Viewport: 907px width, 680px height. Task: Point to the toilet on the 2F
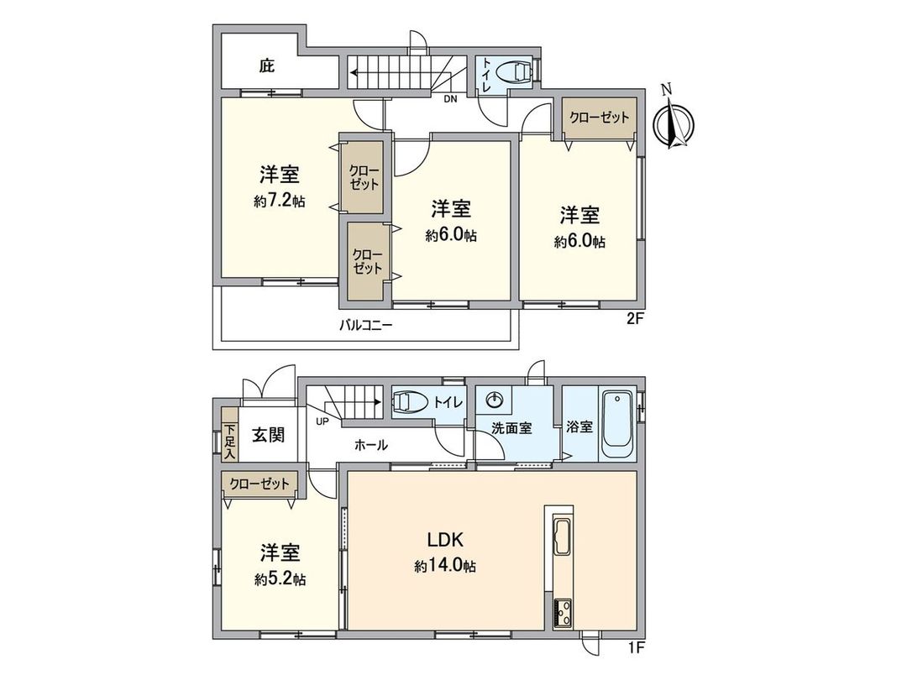[514, 71]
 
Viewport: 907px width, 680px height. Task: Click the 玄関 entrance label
[269, 434]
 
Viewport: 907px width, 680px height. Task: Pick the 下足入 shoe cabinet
[229, 434]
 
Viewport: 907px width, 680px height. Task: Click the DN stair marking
[450, 98]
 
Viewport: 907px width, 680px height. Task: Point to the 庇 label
[266, 65]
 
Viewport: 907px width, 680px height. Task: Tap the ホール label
[371, 446]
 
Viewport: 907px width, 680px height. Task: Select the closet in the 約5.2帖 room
[260, 484]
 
